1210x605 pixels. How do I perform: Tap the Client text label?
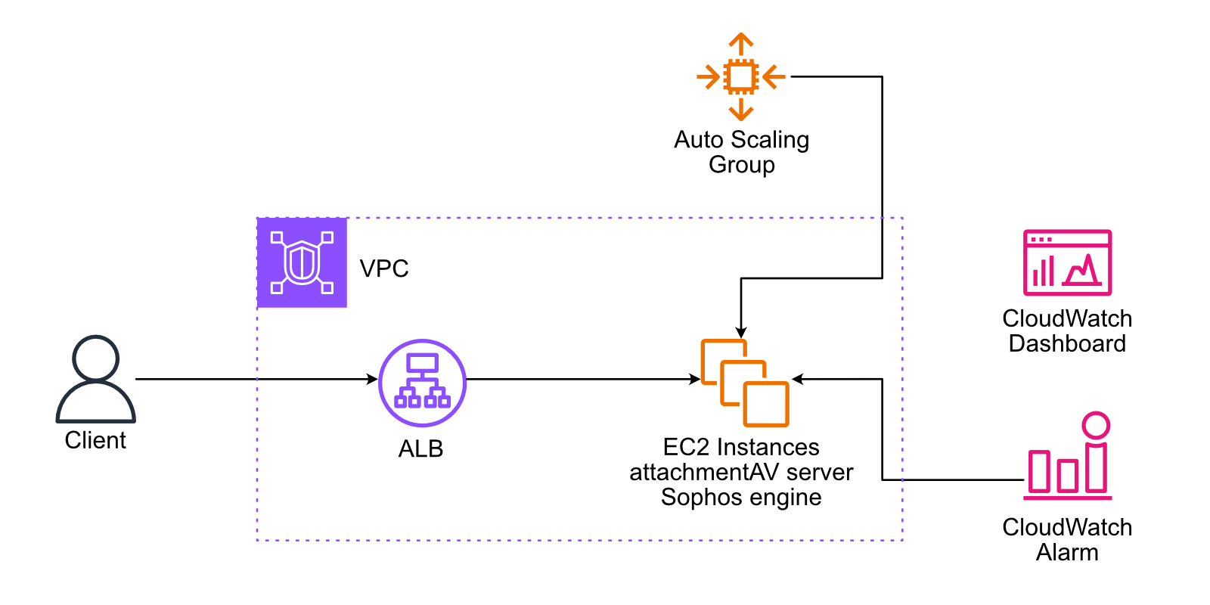point(95,440)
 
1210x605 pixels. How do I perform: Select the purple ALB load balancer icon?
point(422,383)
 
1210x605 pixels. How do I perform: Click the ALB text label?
point(420,449)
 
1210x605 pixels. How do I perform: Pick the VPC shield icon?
point(302,262)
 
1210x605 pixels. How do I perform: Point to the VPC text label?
point(384,268)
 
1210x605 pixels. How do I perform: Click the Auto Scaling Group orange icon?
point(740,76)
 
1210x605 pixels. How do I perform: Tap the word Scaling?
point(770,140)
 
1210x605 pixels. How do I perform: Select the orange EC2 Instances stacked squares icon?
point(744,383)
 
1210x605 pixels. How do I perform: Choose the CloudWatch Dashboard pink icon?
point(1067,262)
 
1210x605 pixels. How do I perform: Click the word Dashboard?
point(1067,344)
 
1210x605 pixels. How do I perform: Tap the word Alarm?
point(1067,553)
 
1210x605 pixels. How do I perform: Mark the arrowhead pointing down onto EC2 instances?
point(741,332)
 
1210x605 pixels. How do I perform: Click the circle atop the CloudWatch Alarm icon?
point(1095,425)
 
